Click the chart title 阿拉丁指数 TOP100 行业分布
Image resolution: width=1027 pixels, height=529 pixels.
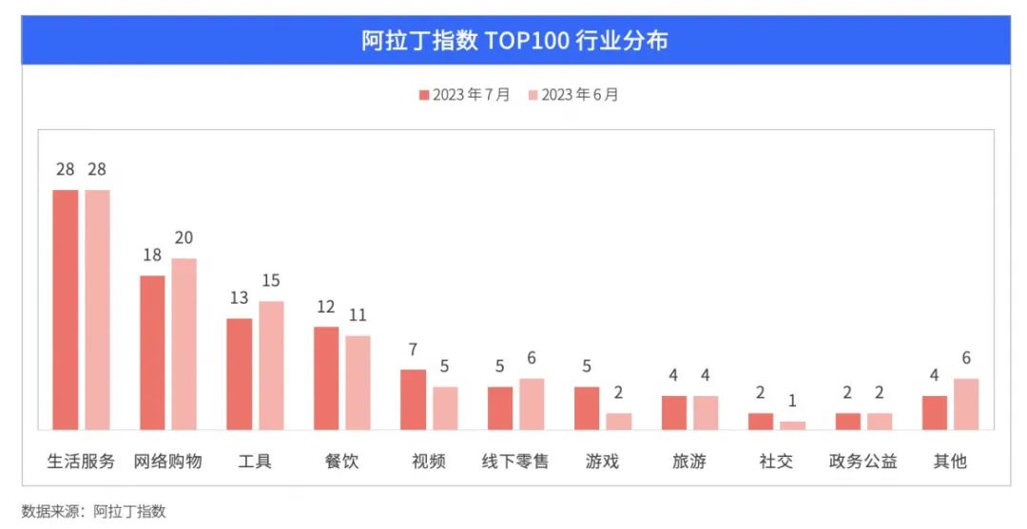click(x=514, y=41)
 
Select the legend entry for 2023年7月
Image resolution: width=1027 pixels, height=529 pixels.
click(x=464, y=95)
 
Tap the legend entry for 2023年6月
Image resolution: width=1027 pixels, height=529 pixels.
click(x=573, y=95)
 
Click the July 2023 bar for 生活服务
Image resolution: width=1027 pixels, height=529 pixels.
click(x=66, y=310)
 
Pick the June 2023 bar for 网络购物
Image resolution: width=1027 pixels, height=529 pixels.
click(x=184, y=344)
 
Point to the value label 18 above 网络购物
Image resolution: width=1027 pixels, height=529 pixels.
click(x=152, y=255)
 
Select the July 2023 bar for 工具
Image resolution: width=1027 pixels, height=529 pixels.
click(x=240, y=374)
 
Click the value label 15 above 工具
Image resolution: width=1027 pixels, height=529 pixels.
click(x=271, y=281)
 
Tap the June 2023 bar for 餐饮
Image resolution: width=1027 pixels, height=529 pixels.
click(x=358, y=383)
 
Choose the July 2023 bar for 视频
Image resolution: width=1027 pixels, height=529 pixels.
click(x=413, y=400)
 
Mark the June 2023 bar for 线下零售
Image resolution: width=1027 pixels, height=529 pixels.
click(x=532, y=404)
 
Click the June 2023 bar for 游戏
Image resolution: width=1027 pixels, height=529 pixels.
click(x=619, y=421)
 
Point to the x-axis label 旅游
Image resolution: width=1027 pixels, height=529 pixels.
click(x=689, y=462)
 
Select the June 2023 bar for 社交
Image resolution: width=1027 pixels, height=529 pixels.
click(x=792, y=425)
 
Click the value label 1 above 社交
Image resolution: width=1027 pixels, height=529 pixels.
click(x=792, y=401)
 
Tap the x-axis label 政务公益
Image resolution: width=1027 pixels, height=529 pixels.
click(x=863, y=462)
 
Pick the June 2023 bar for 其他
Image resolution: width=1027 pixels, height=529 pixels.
click(x=966, y=404)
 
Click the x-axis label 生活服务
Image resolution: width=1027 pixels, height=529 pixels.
click(x=81, y=462)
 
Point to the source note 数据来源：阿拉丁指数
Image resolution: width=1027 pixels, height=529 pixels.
click(x=93, y=511)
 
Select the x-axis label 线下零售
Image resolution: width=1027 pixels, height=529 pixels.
click(x=515, y=462)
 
